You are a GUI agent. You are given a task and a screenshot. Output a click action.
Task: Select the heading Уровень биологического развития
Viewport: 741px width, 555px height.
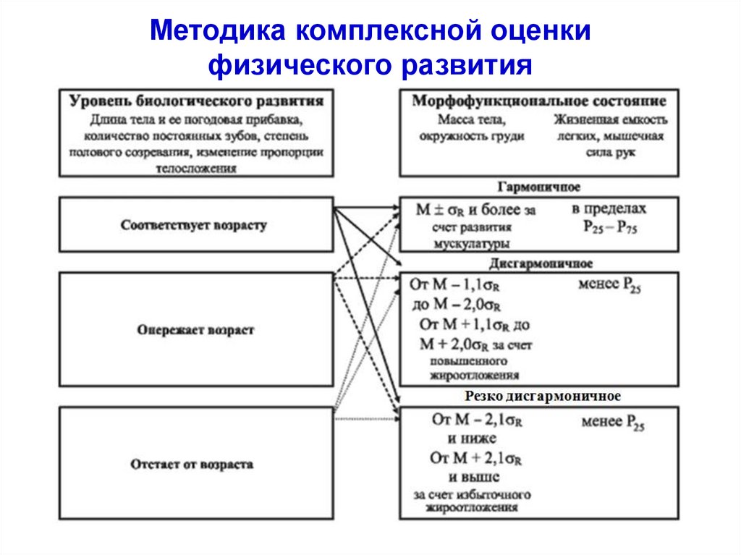click(196, 100)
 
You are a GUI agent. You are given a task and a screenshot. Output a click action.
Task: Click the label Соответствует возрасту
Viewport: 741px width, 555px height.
click(194, 225)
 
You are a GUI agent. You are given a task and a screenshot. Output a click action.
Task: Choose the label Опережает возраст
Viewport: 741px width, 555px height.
click(195, 329)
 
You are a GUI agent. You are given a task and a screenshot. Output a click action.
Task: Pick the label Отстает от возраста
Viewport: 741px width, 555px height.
click(192, 464)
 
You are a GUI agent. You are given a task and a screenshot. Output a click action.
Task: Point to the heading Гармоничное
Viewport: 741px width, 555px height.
click(539, 187)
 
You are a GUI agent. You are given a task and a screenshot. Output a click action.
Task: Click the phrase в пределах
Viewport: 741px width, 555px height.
click(609, 209)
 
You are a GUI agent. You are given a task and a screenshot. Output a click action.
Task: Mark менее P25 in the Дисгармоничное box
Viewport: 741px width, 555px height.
click(609, 285)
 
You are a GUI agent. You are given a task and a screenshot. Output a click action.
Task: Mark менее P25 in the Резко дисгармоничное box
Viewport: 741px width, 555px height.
click(612, 422)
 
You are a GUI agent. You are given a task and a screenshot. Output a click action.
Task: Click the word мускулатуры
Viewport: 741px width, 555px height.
click(471, 245)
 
